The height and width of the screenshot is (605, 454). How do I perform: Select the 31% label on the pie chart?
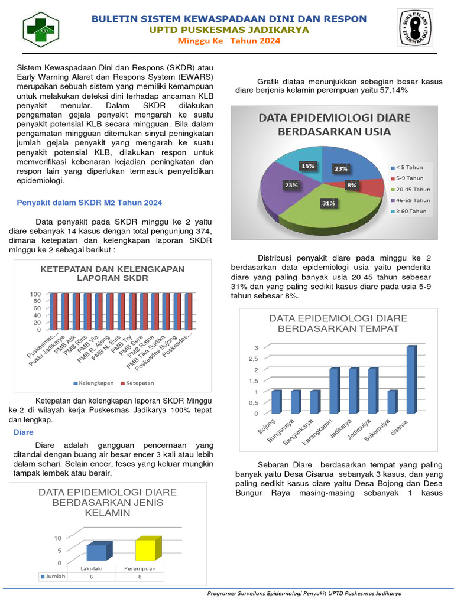329,203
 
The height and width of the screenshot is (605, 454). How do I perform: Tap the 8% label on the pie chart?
352,185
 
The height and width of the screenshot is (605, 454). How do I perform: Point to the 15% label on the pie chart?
308,166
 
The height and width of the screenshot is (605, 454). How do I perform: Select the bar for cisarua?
410,379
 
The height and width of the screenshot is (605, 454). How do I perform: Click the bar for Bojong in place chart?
276,402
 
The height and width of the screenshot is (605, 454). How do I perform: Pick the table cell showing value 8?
140,577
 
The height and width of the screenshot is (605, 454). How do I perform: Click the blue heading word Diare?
23,433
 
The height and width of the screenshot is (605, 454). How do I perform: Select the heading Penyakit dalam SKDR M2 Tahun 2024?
89,203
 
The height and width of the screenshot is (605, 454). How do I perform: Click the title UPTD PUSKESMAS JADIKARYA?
229,30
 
